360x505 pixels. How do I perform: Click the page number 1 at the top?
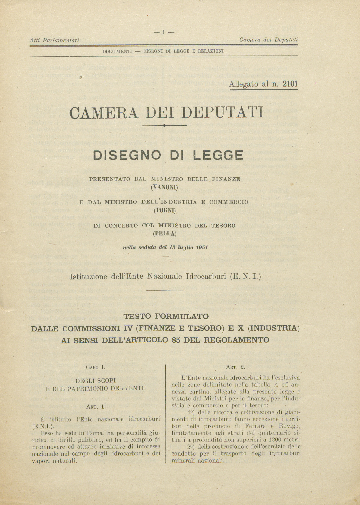pyautogui.click(x=164, y=32)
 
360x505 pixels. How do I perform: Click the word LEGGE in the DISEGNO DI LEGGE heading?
pyautogui.click(x=217, y=155)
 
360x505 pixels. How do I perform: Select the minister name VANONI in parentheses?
pyautogui.click(x=164, y=187)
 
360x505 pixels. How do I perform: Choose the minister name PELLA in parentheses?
pyautogui.click(x=165, y=233)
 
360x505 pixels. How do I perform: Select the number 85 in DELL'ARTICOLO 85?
pyautogui.click(x=195, y=340)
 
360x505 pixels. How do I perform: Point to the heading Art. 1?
pyautogui.click(x=96, y=406)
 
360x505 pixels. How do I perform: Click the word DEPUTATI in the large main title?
pyautogui.click(x=222, y=112)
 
